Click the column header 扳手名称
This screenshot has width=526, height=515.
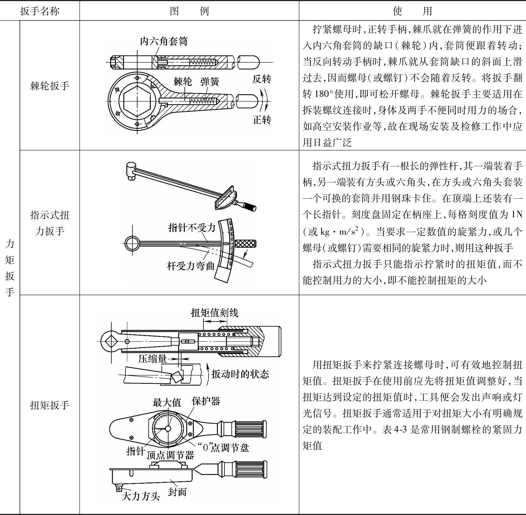[x=40, y=11]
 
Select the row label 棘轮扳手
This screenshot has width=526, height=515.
[x=50, y=86]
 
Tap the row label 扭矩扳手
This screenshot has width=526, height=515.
[x=50, y=405]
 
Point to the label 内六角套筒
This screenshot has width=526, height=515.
[x=164, y=41]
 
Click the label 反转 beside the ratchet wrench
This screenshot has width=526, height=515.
[x=261, y=79]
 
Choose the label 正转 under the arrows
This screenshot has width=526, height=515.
[x=261, y=120]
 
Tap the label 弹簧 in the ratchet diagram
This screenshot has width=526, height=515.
[x=210, y=82]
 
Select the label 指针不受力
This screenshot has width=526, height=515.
[x=192, y=228]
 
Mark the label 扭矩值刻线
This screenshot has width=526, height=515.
[x=214, y=313]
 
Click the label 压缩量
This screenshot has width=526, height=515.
[x=152, y=358]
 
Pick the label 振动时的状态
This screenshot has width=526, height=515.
[x=240, y=374]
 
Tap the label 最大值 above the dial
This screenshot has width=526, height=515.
[x=167, y=402]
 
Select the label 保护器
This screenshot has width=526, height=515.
[x=206, y=401]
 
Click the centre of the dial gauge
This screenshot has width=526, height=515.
[x=168, y=428]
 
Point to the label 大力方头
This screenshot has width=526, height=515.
[x=141, y=496]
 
